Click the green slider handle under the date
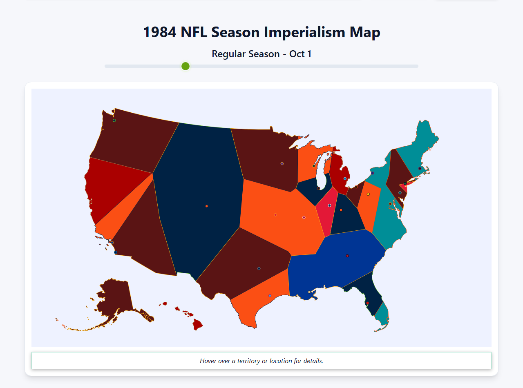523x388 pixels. tap(186, 66)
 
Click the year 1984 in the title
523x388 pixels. tap(160, 32)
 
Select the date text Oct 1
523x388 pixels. tap(300, 54)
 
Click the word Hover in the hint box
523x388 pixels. tap(208, 361)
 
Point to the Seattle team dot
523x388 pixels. tap(114, 120)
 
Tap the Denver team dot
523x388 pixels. tap(207, 206)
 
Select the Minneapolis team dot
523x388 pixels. tap(282, 164)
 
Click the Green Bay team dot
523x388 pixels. tap(314, 166)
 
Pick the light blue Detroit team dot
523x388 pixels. tap(345, 178)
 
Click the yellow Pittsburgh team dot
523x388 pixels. tap(368, 194)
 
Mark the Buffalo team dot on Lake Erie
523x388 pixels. tap(372, 173)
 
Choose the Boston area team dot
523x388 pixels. tap(420, 168)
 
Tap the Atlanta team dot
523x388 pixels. tap(347, 256)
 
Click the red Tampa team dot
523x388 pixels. tap(368, 303)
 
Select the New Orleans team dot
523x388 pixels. tap(309, 292)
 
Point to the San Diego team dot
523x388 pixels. tap(116, 252)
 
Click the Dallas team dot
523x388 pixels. tap(259, 268)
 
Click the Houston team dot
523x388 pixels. tap(270, 296)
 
